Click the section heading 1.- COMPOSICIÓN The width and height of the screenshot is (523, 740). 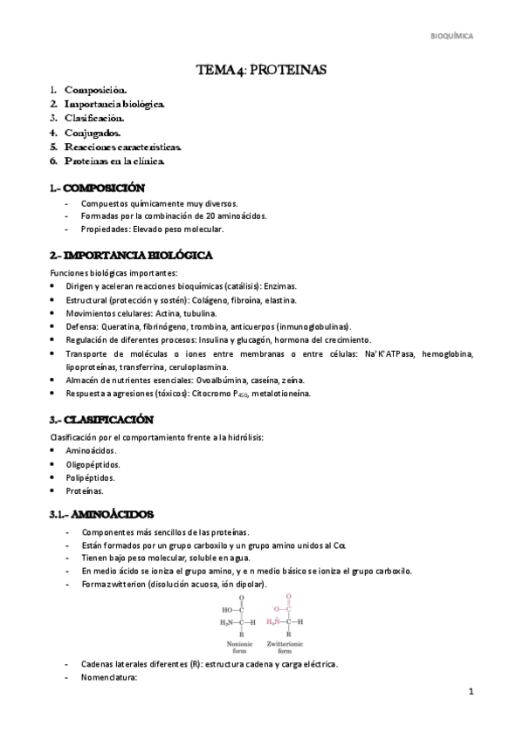coord(97,188)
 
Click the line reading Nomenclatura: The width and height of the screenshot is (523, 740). coord(109,676)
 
